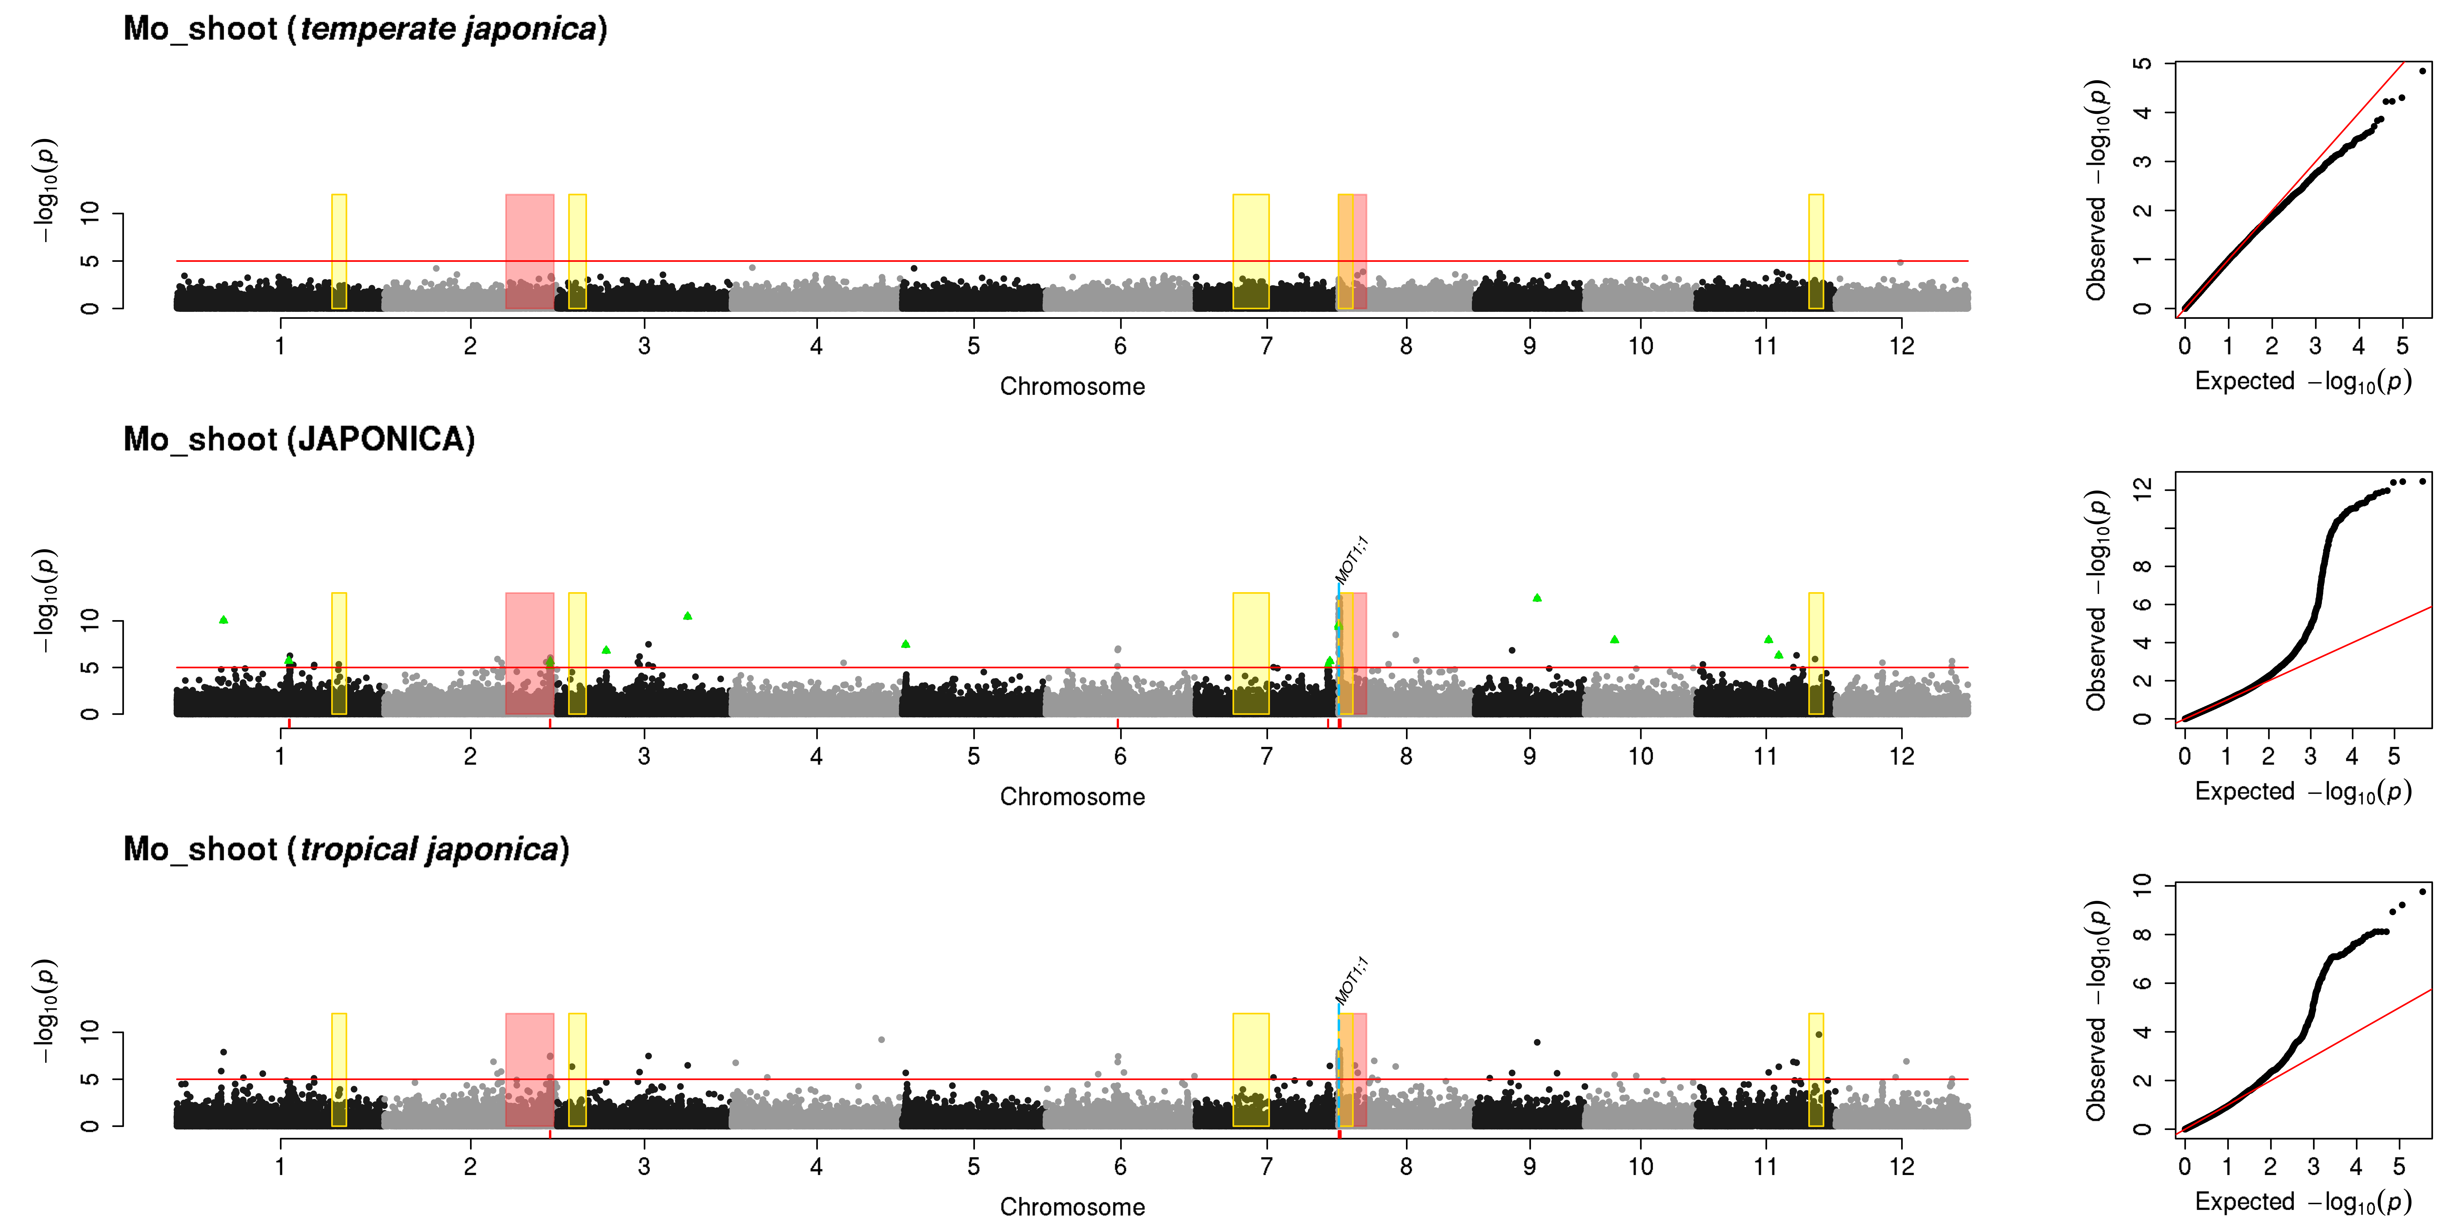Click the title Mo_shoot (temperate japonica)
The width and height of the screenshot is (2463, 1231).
click(x=365, y=29)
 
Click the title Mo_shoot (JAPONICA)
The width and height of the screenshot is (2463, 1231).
click(x=299, y=440)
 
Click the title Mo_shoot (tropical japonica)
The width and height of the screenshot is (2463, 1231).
click(x=346, y=850)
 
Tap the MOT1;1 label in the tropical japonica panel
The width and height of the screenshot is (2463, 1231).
click(x=1352, y=981)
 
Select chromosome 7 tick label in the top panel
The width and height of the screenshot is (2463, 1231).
click(x=1267, y=346)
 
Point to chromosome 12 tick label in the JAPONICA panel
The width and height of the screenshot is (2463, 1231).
click(x=1902, y=756)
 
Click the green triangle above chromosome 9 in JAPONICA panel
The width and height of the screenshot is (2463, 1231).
click(x=1537, y=597)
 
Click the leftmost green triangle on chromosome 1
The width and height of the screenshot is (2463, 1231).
click(x=224, y=619)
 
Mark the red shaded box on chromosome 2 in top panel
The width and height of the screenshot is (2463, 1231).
click(x=530, y=251)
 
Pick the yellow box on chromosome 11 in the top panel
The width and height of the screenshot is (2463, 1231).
click(x=1816, y=251)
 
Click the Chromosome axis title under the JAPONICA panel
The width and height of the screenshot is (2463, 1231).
click(x=1072, y=797)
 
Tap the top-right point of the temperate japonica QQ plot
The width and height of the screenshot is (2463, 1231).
click(x=2422, y=71)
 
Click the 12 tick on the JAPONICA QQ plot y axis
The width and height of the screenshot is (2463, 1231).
click(x=2143, y=489)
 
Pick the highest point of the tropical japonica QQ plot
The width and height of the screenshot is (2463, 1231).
click(x=2422, y=892)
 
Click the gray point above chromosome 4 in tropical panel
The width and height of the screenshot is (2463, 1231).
click(x=881, y=1040)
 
